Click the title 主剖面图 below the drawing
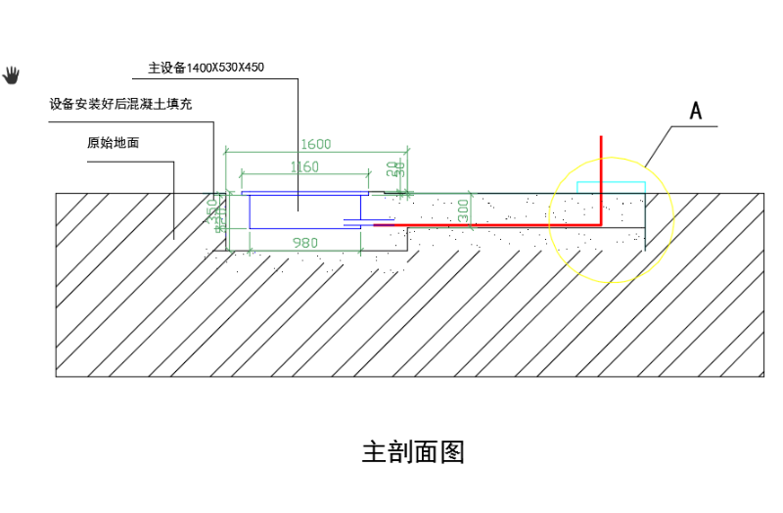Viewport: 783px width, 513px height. tap(413, 452)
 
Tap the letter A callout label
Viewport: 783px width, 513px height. tap(696, 111)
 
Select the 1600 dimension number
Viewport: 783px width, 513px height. tap(315, 144)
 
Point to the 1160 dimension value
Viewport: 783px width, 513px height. tap(304, 166)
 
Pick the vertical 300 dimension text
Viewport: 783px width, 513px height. tap(464, 209)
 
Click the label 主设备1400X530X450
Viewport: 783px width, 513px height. tap(207, 68)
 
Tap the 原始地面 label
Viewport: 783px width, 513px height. tap(113, 142)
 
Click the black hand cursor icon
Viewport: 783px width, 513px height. tap(12, 73)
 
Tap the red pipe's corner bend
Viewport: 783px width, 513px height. tap(601, 224)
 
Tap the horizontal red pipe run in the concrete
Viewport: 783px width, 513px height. tap(489, 224)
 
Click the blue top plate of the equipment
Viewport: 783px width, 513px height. tap(303, 193)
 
